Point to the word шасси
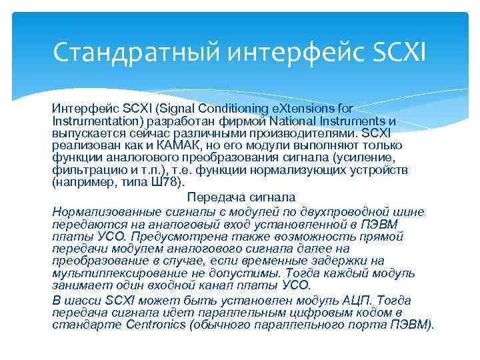(x=83, y=301)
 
